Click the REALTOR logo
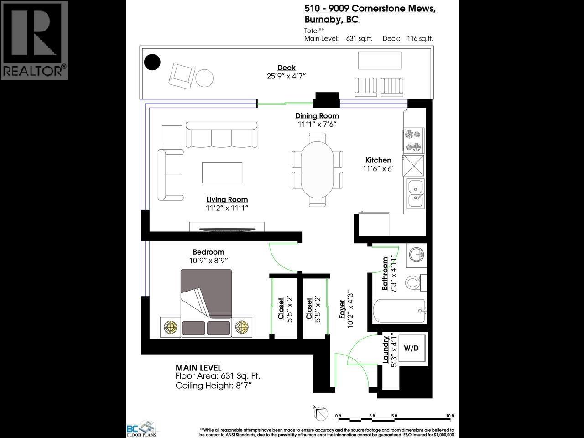click(x=34, y=40)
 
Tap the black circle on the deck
click(x=152, y=62)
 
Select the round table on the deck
click(x=204, y=78)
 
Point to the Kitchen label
click(x=378, y=160)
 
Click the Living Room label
click(x=227, y=199)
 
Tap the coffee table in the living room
click(x=222, y=173)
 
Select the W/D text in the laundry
click(x=411, y=348)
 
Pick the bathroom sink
click(x=416, y=254)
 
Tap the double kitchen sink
click(x=416, y=192)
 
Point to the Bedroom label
click(x=209, y=252)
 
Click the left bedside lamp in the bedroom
click(x=171, y=327)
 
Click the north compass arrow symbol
click(x=321, y=413)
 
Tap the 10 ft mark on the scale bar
click(x=450, y=416)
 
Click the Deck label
click(x=286, y=67)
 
